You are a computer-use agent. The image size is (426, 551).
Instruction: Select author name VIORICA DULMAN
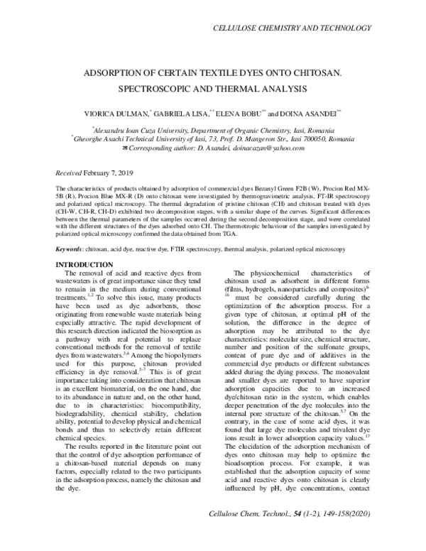[115, 113]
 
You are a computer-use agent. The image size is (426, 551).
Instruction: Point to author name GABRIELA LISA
[183, 113]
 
